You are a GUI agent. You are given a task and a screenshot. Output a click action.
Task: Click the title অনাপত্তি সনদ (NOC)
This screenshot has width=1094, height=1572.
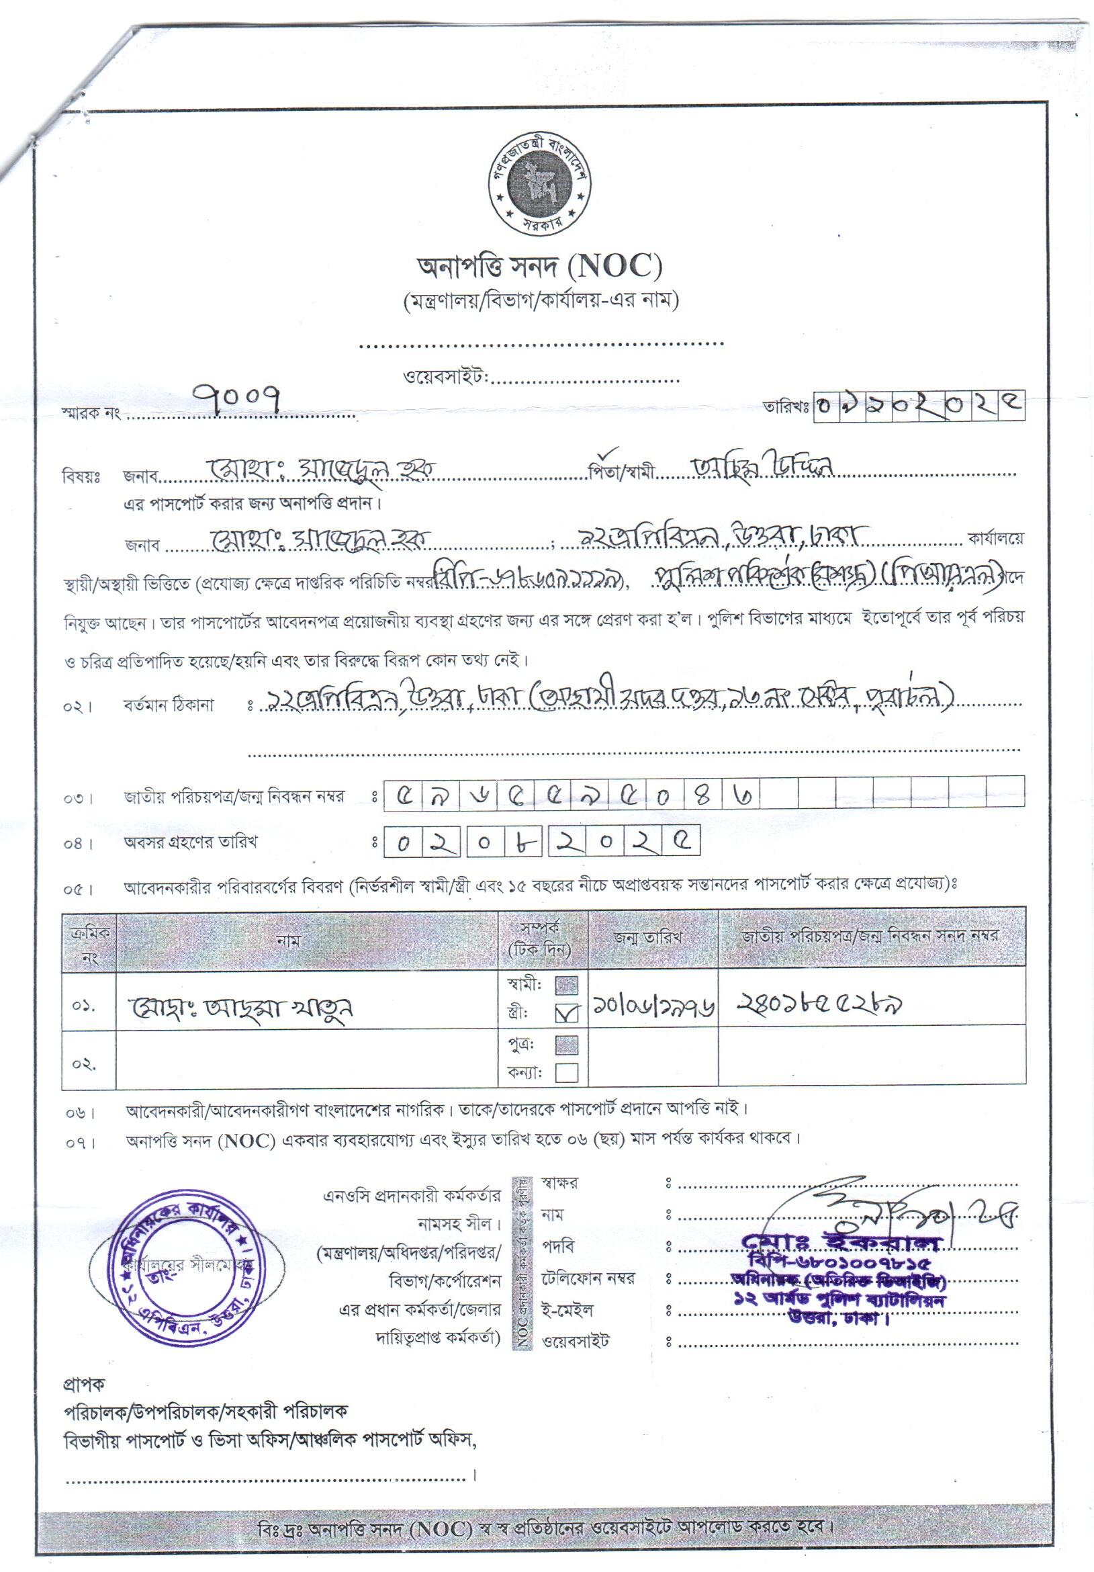pyautogui.click(x=539, y=266)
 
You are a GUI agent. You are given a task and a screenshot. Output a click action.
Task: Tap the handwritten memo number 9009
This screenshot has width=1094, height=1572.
pyautogui.click(x=237, y=398)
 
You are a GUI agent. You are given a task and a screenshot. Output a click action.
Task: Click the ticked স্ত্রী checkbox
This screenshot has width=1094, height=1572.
pyautogui.click(x=567, y=1012)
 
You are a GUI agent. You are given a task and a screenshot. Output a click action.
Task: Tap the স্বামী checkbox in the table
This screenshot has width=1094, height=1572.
pyautogui.click(x=566, y=985)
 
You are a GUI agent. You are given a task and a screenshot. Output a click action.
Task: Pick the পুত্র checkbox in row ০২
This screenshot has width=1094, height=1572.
pyautogui.click(x=566, y=1045)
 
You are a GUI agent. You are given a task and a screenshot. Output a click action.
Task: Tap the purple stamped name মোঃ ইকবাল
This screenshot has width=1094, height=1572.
pyautogui.click(x=841, y=1240)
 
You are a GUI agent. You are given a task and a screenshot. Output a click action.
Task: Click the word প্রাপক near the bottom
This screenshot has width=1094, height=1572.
pyautogui.click(x=84, y=1385)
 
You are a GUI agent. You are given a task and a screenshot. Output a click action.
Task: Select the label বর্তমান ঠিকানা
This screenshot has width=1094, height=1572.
pyautogui.click(x=169, y=705)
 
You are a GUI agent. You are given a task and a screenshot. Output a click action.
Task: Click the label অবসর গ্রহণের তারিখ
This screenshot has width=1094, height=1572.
pyautogui.click(x=189, y=842)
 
